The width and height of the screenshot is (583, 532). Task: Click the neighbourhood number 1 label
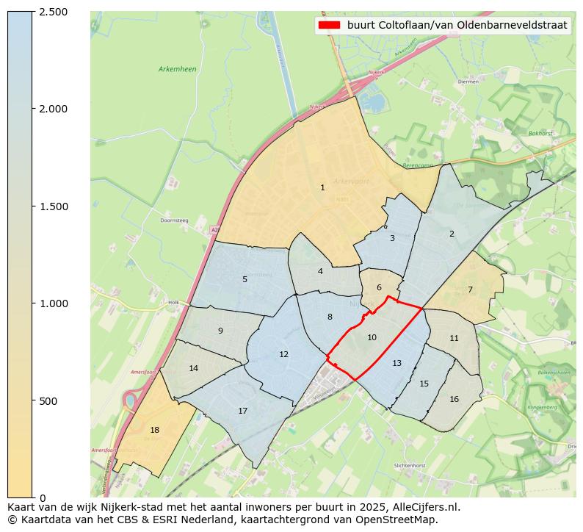322,188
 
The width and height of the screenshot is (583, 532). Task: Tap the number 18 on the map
154,431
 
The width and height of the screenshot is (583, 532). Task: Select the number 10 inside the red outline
372,338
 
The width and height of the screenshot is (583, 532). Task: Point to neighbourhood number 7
470,290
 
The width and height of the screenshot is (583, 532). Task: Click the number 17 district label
242,411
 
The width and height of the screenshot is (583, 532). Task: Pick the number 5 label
245,279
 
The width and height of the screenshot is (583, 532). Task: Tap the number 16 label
454,400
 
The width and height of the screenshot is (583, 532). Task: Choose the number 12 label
283,355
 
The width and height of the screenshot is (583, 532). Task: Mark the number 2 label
452,234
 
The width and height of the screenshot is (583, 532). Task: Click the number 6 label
379,288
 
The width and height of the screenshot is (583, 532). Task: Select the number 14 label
193,369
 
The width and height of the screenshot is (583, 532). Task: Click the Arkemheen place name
177,69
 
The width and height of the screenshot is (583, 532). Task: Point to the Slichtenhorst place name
410,466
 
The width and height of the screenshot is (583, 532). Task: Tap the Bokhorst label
540,134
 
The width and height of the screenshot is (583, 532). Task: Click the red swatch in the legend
329,25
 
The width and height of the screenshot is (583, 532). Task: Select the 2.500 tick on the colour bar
54,12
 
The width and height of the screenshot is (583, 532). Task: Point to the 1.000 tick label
54,303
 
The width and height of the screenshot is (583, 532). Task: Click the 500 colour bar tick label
48,401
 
